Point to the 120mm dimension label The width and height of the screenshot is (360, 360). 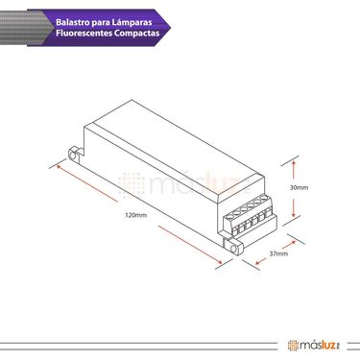click(135, 218)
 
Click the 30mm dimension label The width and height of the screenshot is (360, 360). click(299, 188)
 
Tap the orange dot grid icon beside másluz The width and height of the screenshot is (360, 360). click(292, 345)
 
